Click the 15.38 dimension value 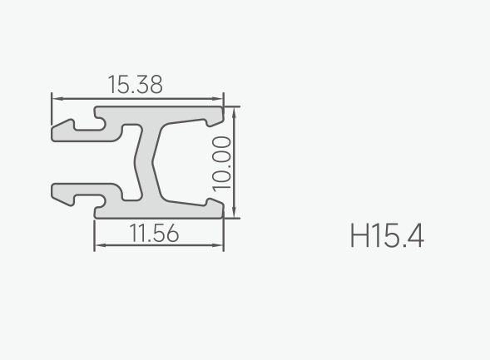click(136, 84)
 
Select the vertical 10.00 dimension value click(221, 164)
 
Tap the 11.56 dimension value click(154, 233)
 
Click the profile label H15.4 click(387, 235)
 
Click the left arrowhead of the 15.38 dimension click(57, 99)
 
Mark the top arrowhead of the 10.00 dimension click(235, 113)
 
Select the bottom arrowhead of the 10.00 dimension click(235, 212)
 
